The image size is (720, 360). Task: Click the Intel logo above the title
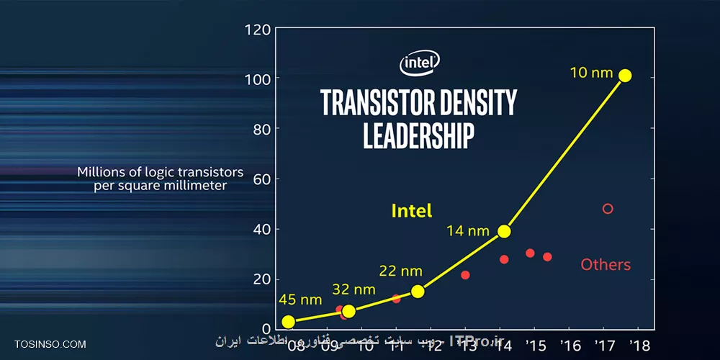coord(420,63)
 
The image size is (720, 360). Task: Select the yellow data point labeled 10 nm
coord(625,76)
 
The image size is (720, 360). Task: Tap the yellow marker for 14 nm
coord(504,231)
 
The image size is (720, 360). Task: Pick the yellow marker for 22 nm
coord(418,291)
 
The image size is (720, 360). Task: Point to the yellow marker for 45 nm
coord(289,322)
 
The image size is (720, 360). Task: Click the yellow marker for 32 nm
coord(348,311)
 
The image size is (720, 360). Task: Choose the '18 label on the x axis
coord(639,345)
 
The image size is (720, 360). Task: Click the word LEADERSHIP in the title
coord(418,135)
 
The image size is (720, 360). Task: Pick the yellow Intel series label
coord(412,211)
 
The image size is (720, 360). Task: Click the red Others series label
coord(606,265)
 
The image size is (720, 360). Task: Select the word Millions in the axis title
coord(103,173)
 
